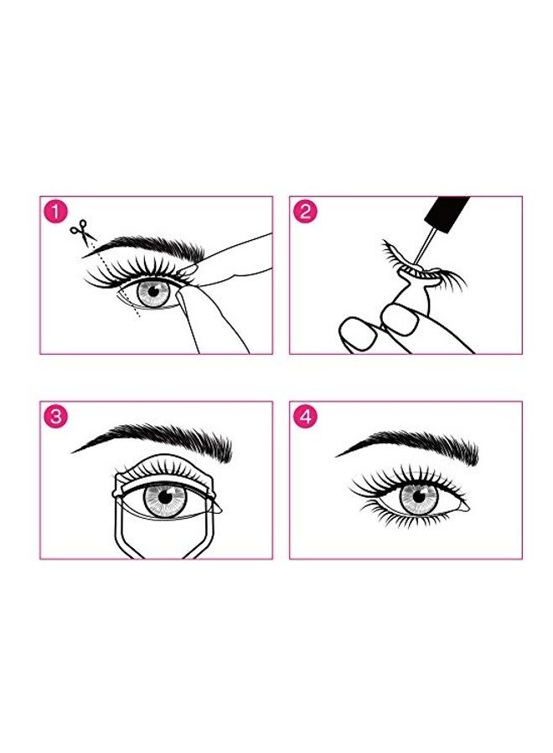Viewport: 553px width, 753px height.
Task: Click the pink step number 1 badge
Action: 54,212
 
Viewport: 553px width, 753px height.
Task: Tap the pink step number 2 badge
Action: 304,212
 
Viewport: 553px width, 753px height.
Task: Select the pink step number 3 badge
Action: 54,417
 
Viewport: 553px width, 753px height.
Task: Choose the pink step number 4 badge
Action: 304,417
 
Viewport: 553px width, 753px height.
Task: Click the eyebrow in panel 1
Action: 159,244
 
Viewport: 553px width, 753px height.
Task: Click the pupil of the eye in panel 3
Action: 164,499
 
